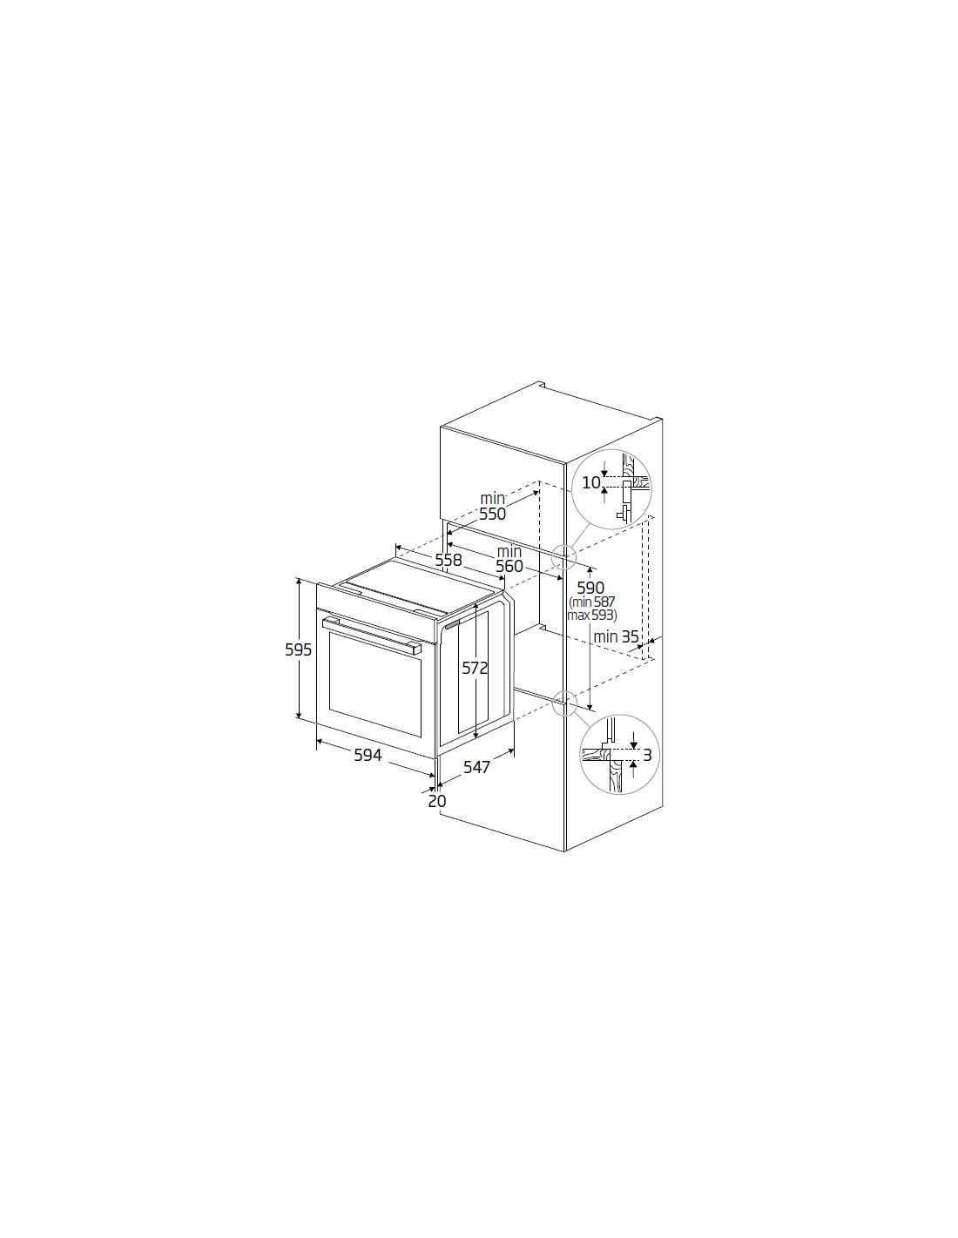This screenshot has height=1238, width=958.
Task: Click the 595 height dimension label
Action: click(298, 649)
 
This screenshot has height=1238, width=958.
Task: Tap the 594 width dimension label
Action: click(368, 755)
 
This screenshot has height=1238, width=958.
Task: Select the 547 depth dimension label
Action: click(476, 767)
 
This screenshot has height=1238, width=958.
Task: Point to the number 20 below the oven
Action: click(437, 801)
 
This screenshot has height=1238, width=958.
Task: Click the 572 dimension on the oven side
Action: click(475, 668)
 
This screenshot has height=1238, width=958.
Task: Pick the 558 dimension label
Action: click(449, 560)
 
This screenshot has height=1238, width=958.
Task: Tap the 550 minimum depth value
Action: click(492, 514)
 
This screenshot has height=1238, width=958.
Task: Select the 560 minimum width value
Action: click(509, 566)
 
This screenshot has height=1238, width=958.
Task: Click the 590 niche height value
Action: click(590, 588)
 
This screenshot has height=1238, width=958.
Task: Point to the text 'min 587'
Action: click(593, 602)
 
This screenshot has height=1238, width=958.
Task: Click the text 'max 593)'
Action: click(591, 616)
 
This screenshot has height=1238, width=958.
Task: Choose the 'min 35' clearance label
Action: click(616, 636)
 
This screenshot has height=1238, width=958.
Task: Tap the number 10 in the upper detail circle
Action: click(591, 482)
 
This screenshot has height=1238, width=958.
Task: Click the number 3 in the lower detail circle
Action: click(647, 756)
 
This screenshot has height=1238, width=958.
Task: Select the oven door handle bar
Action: click(372, 636)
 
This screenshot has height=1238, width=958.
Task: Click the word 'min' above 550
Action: click(492, 499)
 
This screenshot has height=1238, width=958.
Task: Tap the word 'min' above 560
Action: click(509, 551)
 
